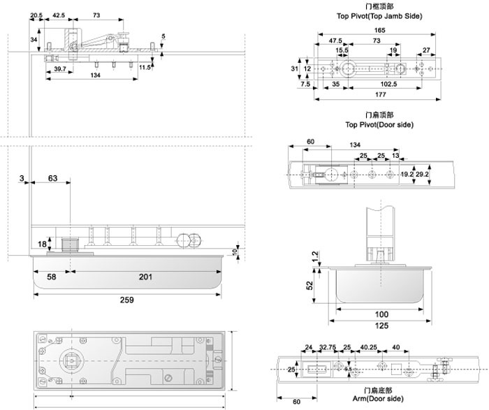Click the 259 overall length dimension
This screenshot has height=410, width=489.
127,300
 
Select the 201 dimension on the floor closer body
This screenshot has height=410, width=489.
145,277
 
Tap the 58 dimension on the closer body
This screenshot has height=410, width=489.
52,277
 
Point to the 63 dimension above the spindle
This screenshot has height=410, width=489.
52,178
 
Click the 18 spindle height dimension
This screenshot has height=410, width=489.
42,244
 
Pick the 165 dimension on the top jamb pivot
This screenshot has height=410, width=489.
379,30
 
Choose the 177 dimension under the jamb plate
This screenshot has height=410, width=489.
381,94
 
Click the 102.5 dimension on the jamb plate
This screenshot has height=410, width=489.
388,85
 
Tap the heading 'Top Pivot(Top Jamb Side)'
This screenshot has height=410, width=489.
379,16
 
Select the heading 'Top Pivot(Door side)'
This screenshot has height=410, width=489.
379,125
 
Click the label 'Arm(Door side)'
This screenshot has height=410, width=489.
378,398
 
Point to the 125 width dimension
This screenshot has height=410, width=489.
381,325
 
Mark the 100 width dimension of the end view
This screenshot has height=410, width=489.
381,314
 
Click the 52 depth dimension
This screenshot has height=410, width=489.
309,285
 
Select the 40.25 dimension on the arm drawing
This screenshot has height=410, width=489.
368,347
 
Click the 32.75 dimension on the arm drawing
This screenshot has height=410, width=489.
328,347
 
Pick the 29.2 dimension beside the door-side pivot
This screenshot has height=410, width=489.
422,175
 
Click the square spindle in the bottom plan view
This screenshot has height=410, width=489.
71,361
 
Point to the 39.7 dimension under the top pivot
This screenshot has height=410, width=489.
59,68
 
